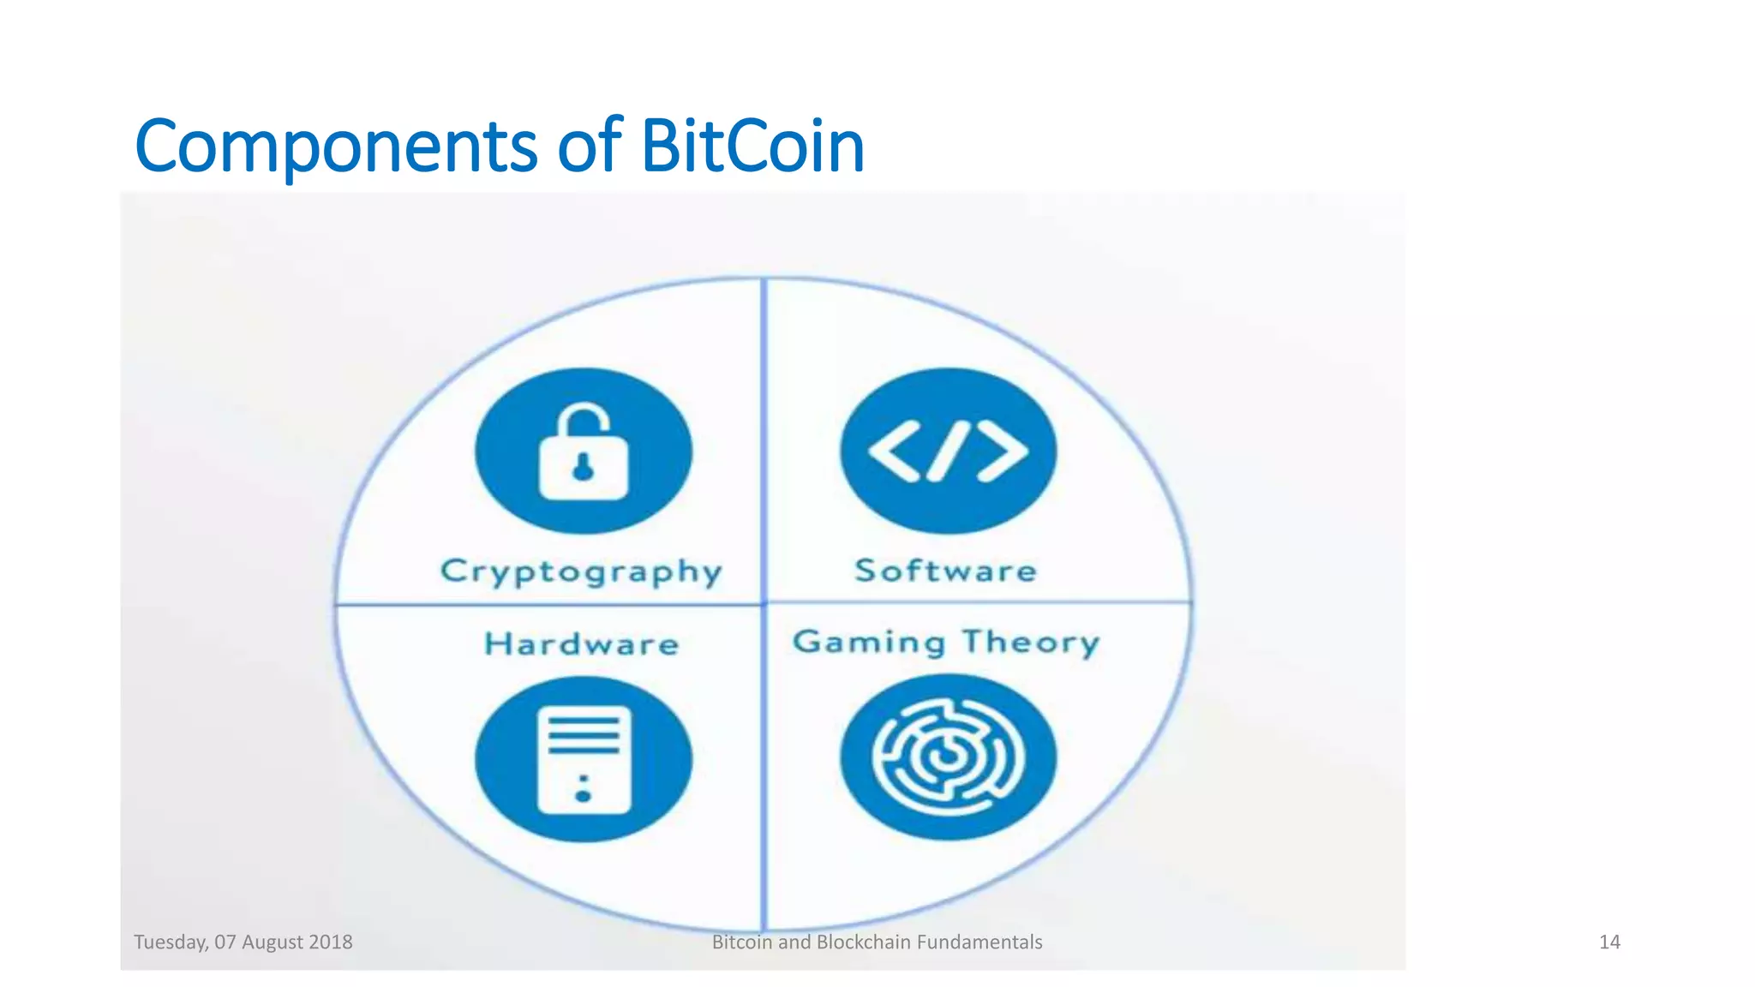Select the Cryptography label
pyautogui.click(x=581, y=571)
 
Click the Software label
pyautogui.click(x=946, y=571)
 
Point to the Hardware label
pyautogui.click(x=582, y=644)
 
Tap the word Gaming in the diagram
pyautogui.click(x=869, y=642)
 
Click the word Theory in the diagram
pyautogui.click(x=1031, y=642)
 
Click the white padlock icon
pyautogui.click(x=583, y=454)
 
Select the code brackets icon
pyautogui.click(x=948, y=452)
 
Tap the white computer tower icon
pyautogui.click(x=584, y=759)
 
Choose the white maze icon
pyautogui.click(x=948, y=757)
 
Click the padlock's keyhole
pyautogui.click(x=583, y=469)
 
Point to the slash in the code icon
pyautogui.click(x=948, y=452)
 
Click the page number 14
pyautogui.click(x=1609, y=942)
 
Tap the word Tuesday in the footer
pyautogui.click(x=171, y=942)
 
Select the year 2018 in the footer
pyautogui.click(x=331, y=942)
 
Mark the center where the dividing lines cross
pyautogui.click(x=763, y=604)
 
